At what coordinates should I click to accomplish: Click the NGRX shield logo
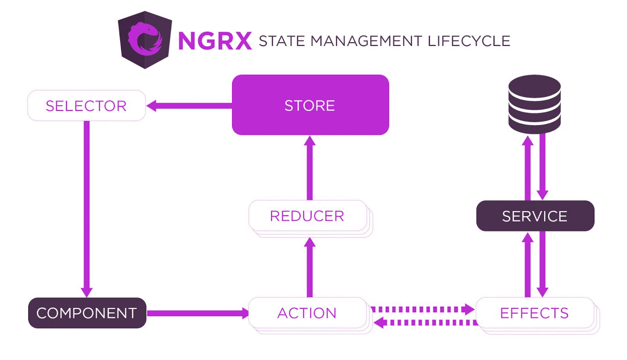145,40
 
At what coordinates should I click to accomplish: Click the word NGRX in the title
215,41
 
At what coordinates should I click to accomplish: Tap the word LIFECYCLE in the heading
469,41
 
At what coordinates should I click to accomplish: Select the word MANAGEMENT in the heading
366,41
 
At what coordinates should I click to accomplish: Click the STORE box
310,105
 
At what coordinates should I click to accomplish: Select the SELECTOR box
87,106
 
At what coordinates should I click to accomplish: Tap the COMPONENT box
87,313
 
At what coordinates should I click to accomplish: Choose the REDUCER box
308,216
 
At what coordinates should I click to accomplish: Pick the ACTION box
308,313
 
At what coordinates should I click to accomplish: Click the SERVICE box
535,216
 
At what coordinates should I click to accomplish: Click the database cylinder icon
535,104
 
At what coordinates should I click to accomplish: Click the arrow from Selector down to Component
87,208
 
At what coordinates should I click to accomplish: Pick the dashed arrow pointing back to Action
426,323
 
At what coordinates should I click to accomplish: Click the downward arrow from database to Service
542,167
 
